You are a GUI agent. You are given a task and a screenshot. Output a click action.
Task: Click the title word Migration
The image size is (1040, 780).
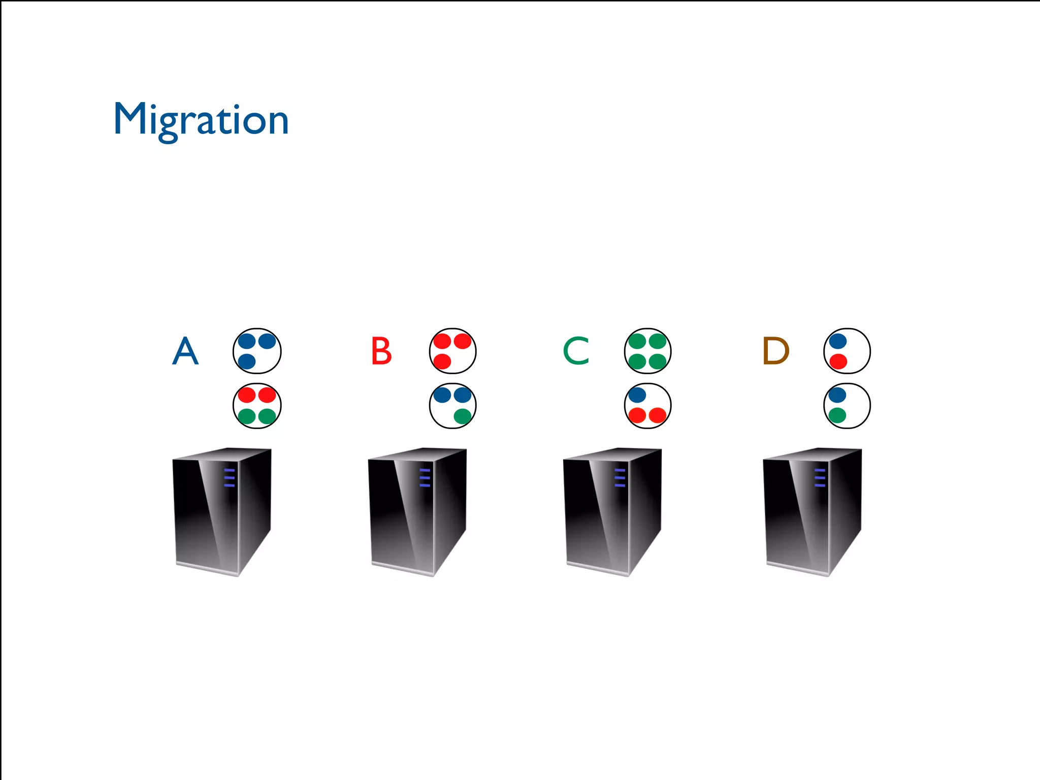[x=201, y=119]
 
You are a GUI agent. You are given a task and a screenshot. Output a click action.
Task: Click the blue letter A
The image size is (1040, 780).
[x=185, y=351]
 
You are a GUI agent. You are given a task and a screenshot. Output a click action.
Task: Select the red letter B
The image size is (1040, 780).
[x=381, y=351]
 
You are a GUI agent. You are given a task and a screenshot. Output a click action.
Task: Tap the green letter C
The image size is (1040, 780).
[x=576, y=351]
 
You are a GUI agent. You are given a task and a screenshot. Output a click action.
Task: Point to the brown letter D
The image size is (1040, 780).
[x=775, y=351]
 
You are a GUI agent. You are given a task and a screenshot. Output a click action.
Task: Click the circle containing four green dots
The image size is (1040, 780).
[x=647, y=351]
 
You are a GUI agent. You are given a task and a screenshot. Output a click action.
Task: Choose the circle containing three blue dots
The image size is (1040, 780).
[x=257, y=351]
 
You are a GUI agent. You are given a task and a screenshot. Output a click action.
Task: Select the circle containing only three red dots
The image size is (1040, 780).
[x=452, y=351]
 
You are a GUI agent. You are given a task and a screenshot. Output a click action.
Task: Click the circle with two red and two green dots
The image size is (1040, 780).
[x=257, y=406]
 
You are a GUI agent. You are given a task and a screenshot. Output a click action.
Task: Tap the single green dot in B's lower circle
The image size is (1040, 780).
[x=463, y=416]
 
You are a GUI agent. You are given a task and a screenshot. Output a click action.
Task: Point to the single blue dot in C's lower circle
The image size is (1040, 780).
[x=637, y=395]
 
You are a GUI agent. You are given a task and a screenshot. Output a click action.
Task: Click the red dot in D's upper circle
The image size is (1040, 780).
[x=838, y=362]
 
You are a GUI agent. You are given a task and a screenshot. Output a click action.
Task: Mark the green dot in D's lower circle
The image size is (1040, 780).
[x=837, y=416]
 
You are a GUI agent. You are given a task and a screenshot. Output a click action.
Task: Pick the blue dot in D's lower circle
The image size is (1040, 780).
[x=837, y=395]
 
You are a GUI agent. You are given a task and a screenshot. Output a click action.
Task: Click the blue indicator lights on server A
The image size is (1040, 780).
[x=230, y=478]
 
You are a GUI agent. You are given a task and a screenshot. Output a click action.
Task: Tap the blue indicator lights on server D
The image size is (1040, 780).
[x=820, y=478]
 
